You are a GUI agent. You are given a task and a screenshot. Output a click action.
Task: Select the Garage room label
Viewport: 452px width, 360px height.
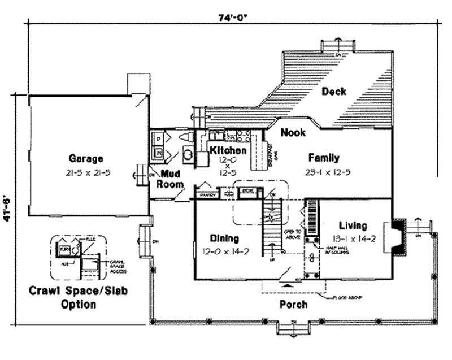pos(86,158)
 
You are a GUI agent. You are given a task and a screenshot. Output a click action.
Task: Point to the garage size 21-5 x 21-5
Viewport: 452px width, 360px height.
pos(86,171)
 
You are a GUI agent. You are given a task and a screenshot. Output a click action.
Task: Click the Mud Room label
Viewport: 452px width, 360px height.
pos(170,179)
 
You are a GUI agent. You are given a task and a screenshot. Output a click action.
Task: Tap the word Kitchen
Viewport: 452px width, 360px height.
pos(228,150)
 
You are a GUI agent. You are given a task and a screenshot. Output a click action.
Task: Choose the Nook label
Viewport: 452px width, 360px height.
pos(293,132)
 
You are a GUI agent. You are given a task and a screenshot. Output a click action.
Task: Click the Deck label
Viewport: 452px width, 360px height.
pos(334,92)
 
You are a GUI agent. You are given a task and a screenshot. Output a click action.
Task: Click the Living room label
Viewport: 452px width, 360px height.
pos(353,225)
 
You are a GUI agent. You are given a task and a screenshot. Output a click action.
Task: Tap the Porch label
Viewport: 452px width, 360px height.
pos(294,305)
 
